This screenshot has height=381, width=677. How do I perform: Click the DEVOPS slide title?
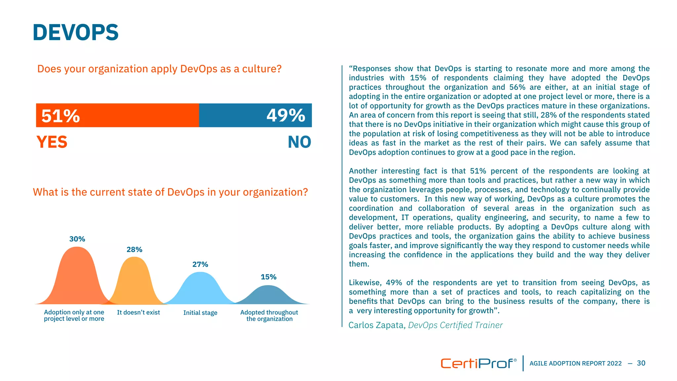(x=75, y=32)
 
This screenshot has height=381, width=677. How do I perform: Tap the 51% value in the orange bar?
(x=60, y=116)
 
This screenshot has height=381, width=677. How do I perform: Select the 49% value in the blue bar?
(x=286, y=115)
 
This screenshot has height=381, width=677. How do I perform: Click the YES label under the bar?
(x=52, y=142)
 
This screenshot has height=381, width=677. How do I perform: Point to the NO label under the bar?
(x=299, y=142)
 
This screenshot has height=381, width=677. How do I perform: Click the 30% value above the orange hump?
(x=77, y=239)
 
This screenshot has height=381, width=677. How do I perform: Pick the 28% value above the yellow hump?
(x=134, y=249)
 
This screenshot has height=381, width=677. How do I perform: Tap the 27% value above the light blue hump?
(x=200, y=264)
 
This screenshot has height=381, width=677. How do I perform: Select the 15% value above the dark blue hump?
(x=268, y=277)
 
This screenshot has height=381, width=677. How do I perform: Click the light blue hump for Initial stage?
(x=200, y=288)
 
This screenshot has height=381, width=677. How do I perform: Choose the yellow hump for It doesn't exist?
(x=135, y=281)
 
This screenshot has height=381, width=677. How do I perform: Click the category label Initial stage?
(x=200, y=313)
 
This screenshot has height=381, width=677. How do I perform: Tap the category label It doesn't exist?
(x=138, y=312)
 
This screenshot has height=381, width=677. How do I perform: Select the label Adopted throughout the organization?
(x=269, y=316)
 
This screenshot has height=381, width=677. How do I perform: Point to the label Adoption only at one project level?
(x=74, y=316)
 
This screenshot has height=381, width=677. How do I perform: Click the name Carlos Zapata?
(x=376, y=325)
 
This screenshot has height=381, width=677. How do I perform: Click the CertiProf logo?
(x=478, y=363)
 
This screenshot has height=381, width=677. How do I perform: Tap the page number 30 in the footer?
(x=641, y=363)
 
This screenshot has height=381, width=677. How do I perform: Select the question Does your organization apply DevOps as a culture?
(x=159, y=69)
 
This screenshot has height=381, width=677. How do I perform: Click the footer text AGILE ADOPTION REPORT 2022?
(x=576, y=363)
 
